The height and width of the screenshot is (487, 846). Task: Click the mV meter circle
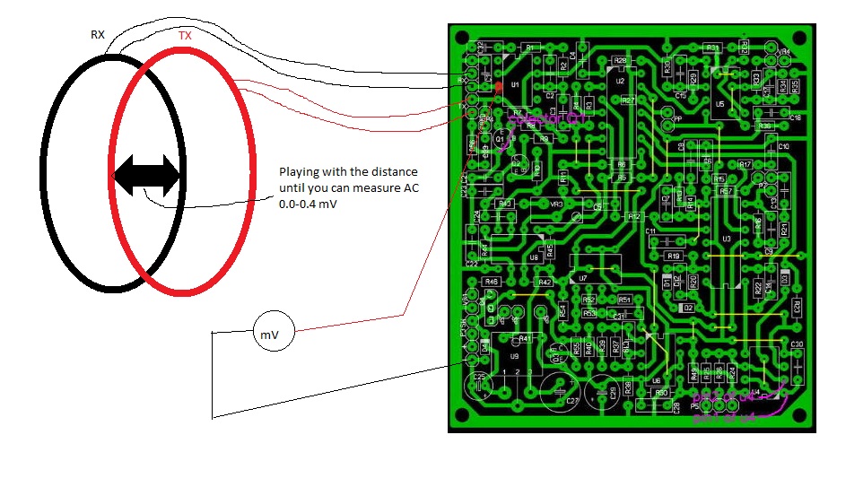[x=269, y=335]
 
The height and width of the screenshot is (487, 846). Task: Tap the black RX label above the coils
[x=98, y=35]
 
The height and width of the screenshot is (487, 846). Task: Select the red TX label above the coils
[x=184, y=36]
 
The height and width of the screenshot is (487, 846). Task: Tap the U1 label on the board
[x=515, y=84]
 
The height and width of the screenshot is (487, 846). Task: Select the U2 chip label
[x=620, y=81]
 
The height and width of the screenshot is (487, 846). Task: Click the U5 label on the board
[x=720, y=105]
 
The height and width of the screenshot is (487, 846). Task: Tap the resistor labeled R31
[x=713, y=48]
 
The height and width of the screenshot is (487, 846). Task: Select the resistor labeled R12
[x=633, y=216]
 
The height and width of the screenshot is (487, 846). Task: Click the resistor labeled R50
[x=661, y=393]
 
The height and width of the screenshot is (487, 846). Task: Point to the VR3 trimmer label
[x=556, y=204]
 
